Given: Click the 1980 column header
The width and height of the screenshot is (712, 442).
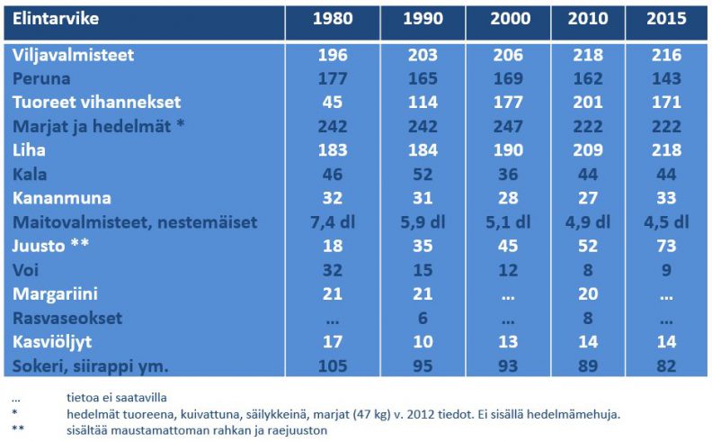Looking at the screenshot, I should pyautogui.click(x=332, y=19).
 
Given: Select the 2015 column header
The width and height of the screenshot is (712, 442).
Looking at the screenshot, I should pyautogui.click(x=666, y=19).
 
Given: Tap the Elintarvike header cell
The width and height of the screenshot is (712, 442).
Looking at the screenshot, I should pyautogui.click(x=56, y=19).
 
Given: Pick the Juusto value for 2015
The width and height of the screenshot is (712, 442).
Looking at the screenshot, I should pyautogui.click(x=666, y=245).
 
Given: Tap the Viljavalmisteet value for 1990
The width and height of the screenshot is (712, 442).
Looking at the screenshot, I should pyautogui.click(x=423, y=54).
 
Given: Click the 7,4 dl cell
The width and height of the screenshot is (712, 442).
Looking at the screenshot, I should pyautogui.click(x=332, y=222).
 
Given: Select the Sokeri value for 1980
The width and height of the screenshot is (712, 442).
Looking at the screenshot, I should pyautogui.click(x=332, y=365).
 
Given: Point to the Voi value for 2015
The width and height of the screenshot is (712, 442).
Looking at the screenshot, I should pyautogui.click(x=666, y=269).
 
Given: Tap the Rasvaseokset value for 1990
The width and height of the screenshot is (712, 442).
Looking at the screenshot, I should pyautogui.click(x=423, y=318).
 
